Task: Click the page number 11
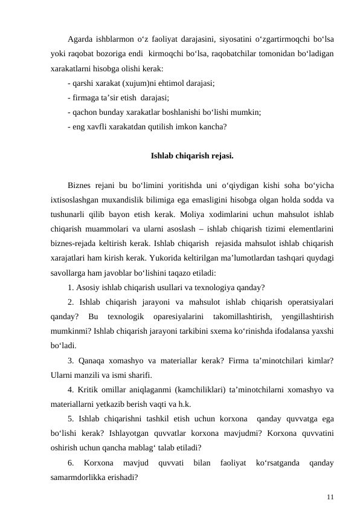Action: click(x=329, y=496)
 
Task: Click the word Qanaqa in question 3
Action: click(x=91, y=360)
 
